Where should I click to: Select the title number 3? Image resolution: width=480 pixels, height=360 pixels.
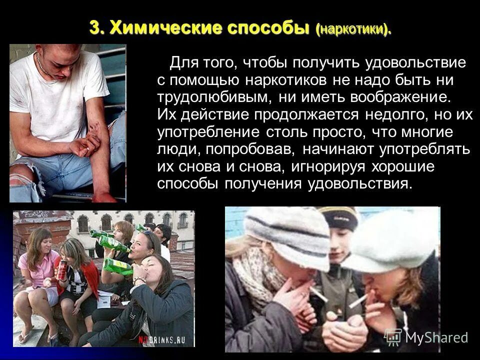95,28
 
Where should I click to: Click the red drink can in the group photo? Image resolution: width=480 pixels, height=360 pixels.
62,270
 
